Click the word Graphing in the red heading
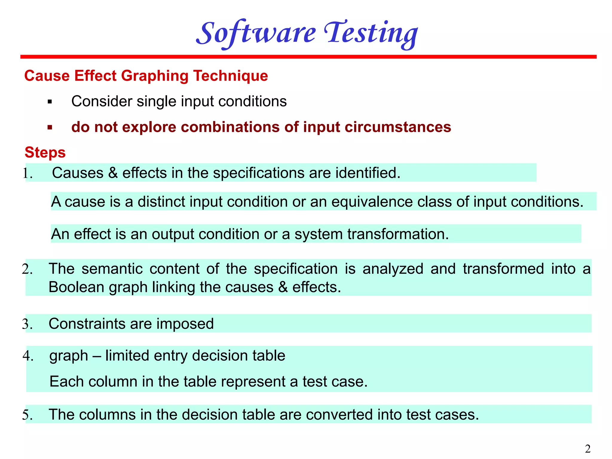pos(154,76)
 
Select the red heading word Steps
pos(45,152)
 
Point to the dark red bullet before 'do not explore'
pos(50,128)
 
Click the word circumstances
pos(398,127)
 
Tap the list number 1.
pos(27,173)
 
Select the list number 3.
pos(27,324)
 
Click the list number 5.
pos(27,415)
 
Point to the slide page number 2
pos(587,449)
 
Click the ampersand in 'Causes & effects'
pos(113,173)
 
